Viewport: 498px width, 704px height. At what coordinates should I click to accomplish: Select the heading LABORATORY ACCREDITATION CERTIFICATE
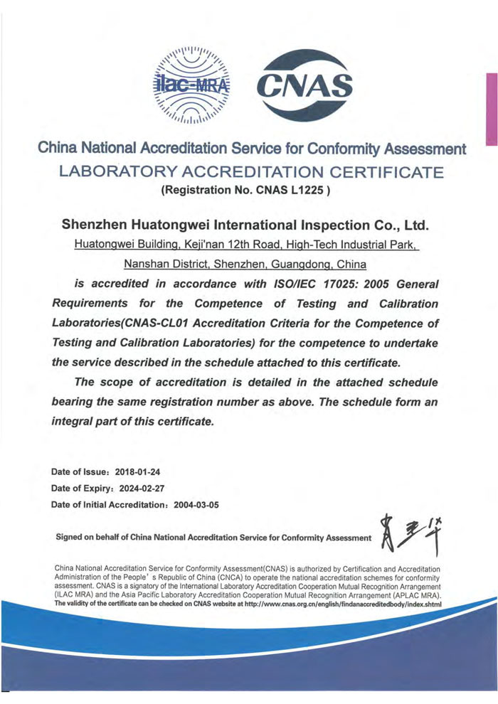click(252, 171)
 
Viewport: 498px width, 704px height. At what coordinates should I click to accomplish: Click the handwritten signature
click(408, 534)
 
